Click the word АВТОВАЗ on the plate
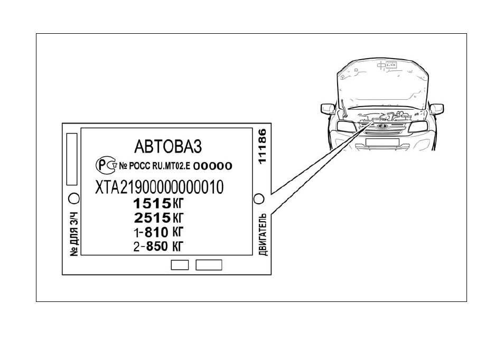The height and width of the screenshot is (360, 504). point(168,146)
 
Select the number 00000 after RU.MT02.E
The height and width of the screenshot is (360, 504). point(212,166)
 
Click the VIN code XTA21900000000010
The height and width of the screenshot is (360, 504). point(159,187)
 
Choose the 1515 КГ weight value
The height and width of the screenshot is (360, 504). point(158,203)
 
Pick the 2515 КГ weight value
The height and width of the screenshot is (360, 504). point(158,218)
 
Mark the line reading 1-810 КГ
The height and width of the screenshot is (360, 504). point(158,232)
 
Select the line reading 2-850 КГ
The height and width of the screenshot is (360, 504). point(158,247)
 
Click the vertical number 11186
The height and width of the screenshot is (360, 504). point(263,146)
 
